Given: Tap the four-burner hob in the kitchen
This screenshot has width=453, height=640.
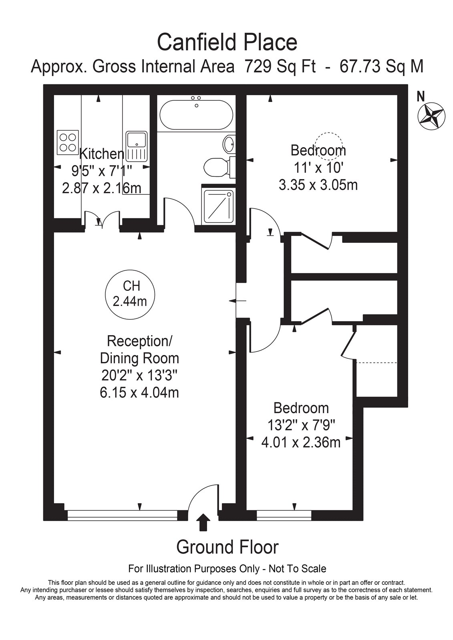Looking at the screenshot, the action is pos(68,142).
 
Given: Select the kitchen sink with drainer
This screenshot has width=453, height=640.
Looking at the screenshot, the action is pos(137,146).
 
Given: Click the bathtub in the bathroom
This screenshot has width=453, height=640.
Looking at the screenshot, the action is pos(196,115).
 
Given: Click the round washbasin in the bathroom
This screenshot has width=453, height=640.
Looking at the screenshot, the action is pos(229,144).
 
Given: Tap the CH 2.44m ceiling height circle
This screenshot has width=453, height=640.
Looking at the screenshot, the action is pos(130,294).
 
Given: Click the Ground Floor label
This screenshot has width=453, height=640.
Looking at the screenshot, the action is pos(227,548).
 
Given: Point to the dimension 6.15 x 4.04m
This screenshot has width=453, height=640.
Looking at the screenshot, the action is pos(139,392).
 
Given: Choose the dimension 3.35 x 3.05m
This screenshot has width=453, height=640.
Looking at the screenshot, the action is pos(318,185).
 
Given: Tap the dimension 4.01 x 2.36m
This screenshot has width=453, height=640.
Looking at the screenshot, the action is pos(301,443).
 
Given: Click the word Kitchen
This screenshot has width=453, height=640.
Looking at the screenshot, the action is pos(102,154).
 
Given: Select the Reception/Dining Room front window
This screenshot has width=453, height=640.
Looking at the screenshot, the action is pos(123,514).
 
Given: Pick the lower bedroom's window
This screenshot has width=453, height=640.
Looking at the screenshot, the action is pos(284,514).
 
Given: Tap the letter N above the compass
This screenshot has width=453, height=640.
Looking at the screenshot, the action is pos(421,97).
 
